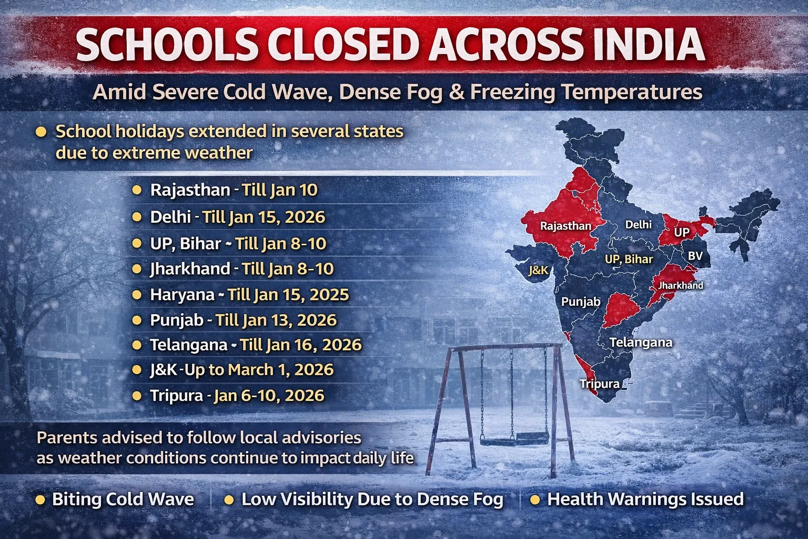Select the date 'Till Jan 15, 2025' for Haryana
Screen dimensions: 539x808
coord(288,294)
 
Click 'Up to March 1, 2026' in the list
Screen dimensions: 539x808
coord(259,370)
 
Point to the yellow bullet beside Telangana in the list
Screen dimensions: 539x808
coord(137,345)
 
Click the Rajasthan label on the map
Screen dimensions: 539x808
coord(565,226)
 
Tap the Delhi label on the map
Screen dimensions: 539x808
coord(638,225)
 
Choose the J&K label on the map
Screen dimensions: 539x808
coord(538,271)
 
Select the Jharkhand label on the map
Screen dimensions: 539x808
coord(681,285)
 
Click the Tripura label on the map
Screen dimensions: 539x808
coord(599,384)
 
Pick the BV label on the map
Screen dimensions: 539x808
coord(695,256)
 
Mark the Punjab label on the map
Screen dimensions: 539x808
coord(581,302)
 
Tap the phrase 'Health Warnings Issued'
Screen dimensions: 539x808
coord(645,499)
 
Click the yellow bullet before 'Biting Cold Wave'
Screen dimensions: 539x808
coord(40,500)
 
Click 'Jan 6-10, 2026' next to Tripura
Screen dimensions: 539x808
coord(269,395)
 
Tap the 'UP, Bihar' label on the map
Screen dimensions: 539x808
coord(629,259)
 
